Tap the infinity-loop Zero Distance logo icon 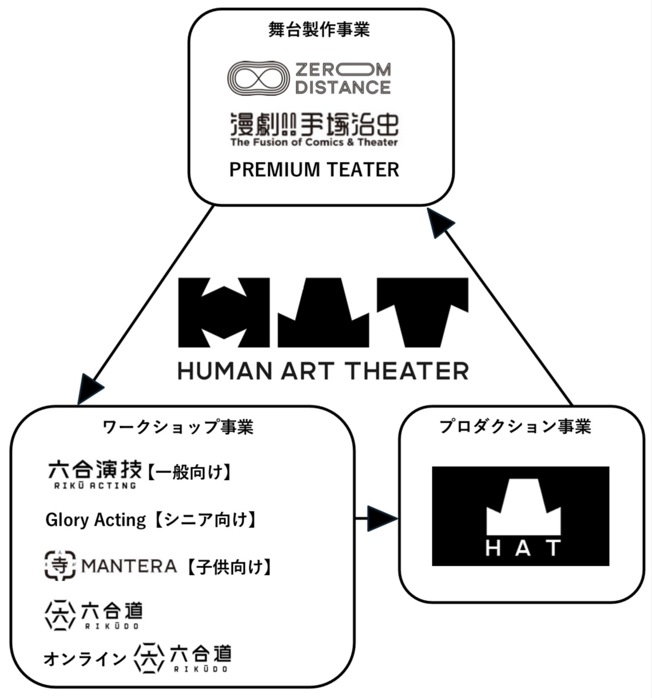coord(258,78)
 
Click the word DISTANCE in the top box coord(343,88)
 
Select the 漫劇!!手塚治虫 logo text coord(314,124)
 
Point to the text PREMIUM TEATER coord(314,170)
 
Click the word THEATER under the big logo coord(408,371)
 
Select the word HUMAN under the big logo coord(225,371)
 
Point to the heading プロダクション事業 coord(515,427)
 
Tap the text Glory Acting coord(96,520)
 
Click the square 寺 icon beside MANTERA coord(60,565)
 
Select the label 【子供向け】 coord(229,567)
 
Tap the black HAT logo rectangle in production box coord(520,516)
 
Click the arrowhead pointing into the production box coord(382,519)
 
